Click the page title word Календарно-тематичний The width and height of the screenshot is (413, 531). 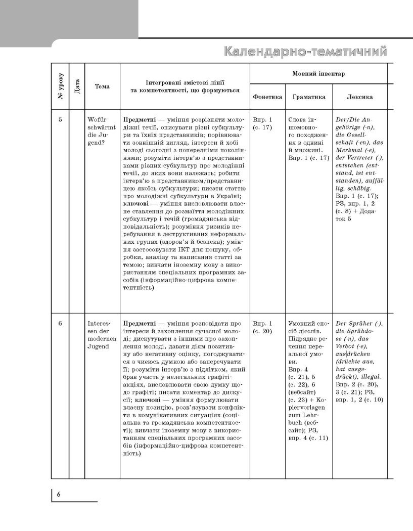pyautogui.click(x=305, y=52)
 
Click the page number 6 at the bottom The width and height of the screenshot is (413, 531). pyautogui.click(x=59, y=494)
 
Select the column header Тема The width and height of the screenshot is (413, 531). pyautogui.click(x=102, y=86)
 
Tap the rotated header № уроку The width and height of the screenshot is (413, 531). pyautogui.click(x=60, y=85)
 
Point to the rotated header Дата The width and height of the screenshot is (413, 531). pyautogui.click(x=77, y=86)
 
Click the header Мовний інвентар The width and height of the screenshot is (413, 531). pyautogui.click(x=318, y=74)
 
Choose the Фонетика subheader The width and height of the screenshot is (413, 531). pyautogui.click(x=267, y=97)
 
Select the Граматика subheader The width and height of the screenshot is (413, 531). pyautogui.click(x=309, y=97)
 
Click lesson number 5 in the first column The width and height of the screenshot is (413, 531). pyautogui.click(x=60, y=120)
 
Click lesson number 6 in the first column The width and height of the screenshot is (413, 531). pyautogui.click(x=60, y=323)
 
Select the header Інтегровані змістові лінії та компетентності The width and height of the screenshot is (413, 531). pyautogui.click(x=185, y=86)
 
